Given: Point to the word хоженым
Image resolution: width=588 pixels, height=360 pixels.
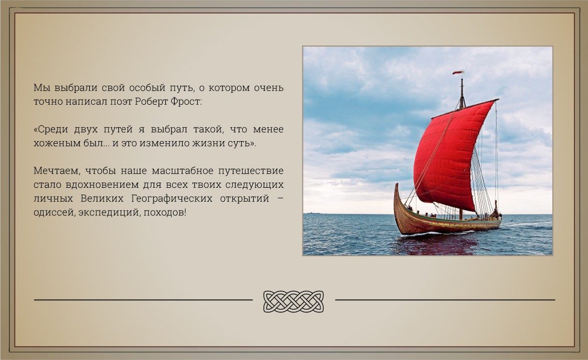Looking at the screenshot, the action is (x=51, y=143).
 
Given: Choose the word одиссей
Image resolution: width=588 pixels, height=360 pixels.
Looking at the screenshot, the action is (x=54, y=213).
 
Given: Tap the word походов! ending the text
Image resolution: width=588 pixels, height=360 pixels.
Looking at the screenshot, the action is (x=165, y=213).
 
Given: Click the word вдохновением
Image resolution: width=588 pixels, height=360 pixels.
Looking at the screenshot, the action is (x=101, y=185).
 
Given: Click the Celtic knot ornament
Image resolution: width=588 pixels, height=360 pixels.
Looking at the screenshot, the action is (x=293, y=301).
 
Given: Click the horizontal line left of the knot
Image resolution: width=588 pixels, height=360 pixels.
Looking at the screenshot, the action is (x=143, y=300).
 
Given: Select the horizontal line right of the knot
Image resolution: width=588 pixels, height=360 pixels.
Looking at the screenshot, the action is (x=445, y=300).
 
